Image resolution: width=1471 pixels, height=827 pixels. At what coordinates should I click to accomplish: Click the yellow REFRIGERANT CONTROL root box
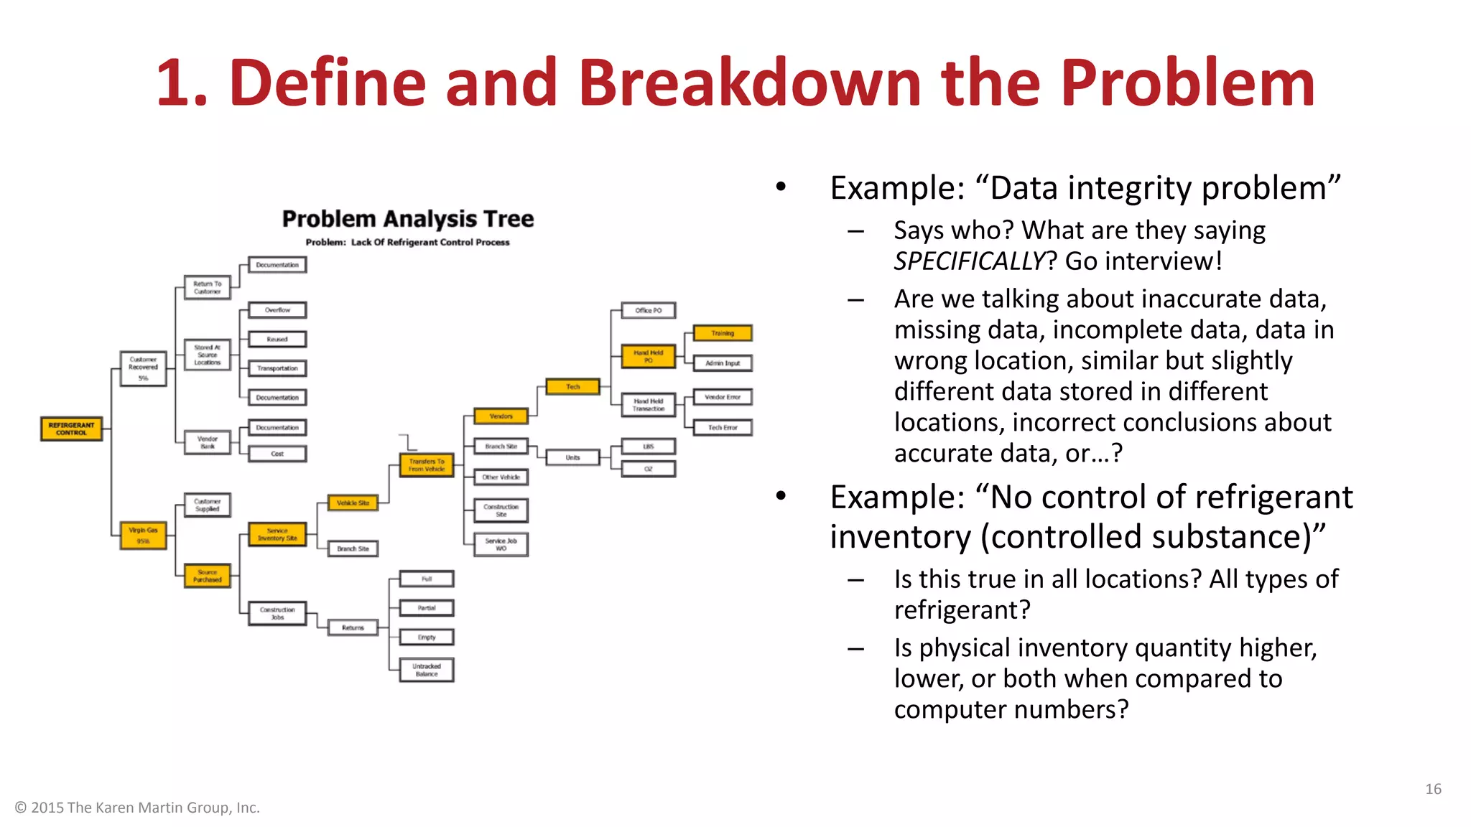[x=71, y=429]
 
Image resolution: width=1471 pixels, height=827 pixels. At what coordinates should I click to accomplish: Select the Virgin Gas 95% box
[x=143, y=536]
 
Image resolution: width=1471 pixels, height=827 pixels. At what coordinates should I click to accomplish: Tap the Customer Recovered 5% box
[x=143, y=368]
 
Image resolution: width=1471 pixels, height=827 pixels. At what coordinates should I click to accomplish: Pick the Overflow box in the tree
[x=277, y=310]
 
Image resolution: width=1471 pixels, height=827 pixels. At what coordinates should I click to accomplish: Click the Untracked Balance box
[x=427, y=670]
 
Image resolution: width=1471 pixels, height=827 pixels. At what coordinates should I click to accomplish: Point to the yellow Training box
[x=723, y=333]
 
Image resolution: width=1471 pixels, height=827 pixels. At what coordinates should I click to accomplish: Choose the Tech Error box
[x=723, y=428]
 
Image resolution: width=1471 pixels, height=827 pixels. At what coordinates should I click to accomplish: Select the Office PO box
[x=648, y=310]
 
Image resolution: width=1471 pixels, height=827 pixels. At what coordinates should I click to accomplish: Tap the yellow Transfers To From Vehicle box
[x=427, y=465]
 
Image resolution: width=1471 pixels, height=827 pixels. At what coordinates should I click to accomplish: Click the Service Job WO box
[x=501, y=544]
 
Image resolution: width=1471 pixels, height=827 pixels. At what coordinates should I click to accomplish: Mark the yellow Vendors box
[x=501, y=416]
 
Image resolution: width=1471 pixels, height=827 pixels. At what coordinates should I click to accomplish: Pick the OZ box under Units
[x=648, y=469]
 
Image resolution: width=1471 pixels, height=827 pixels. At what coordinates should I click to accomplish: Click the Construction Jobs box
[x=277, y=613]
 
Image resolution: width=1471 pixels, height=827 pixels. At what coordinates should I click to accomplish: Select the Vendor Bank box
[x=208, y=442]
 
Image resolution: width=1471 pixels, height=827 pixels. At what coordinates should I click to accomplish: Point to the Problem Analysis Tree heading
[x=407, y=219]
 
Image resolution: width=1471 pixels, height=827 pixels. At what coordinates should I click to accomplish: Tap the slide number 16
[x=1433, y=789]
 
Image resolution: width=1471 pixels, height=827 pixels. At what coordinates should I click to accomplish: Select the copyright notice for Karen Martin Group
[x=137, y=808]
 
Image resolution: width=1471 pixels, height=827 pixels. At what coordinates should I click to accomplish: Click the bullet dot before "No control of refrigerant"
[x=781, y=496]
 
